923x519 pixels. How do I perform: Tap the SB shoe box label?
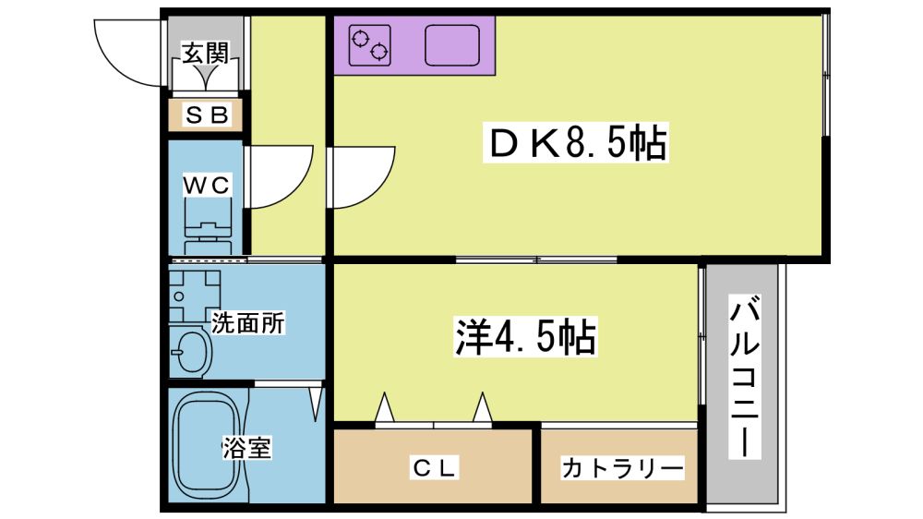pos(206,115)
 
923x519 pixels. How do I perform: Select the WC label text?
pos(206,185)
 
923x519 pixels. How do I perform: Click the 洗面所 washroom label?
pos(248,323)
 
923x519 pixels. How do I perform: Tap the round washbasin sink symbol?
pos(191,352)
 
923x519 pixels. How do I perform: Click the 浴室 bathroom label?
pos(246,449)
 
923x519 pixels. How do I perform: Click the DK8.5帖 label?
pos(577,143)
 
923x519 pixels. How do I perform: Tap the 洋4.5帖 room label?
pos(524,338)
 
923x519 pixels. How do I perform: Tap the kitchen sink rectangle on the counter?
pos(452,44)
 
